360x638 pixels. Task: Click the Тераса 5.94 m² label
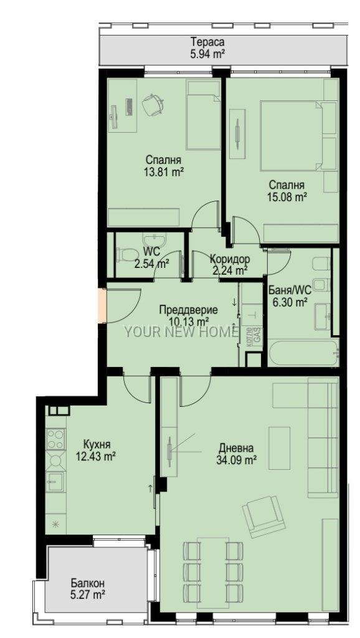coord(207,47)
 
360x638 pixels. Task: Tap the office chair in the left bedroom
coord(153,103)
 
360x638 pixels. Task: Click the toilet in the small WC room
coord(126,255)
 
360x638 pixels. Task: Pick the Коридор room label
coord(230,259)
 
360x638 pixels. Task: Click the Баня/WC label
coord(290,290)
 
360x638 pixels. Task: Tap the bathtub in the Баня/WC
coord(303,353)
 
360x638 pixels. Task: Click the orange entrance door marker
coord(102,305)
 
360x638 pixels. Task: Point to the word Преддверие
coord(188,310)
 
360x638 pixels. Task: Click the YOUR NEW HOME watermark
coord(181,333)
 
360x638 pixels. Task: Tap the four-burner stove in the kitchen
coord(55,439)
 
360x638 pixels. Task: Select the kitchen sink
coord(55,483)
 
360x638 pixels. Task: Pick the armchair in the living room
coord(263,516)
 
